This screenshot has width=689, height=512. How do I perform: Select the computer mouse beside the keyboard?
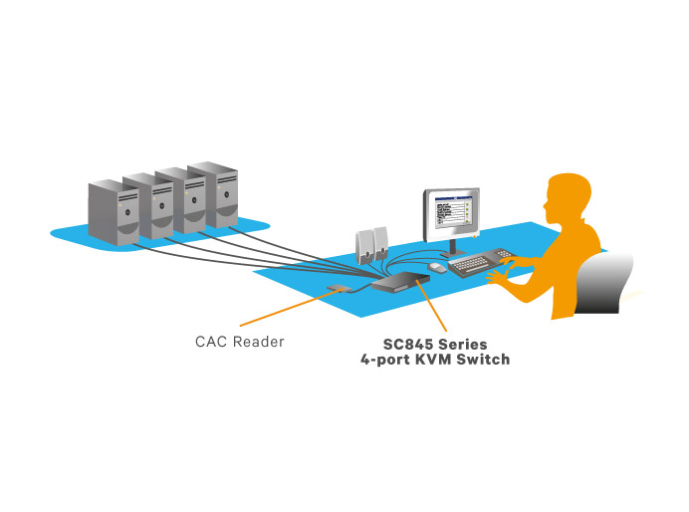pos(437,267)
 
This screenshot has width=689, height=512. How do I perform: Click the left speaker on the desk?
pos(365,245)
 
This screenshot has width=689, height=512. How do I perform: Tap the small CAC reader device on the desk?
pos(338,289)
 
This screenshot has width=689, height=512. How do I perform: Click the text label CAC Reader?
pos(239,342)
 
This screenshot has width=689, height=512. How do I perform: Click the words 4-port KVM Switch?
pos(435,359)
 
